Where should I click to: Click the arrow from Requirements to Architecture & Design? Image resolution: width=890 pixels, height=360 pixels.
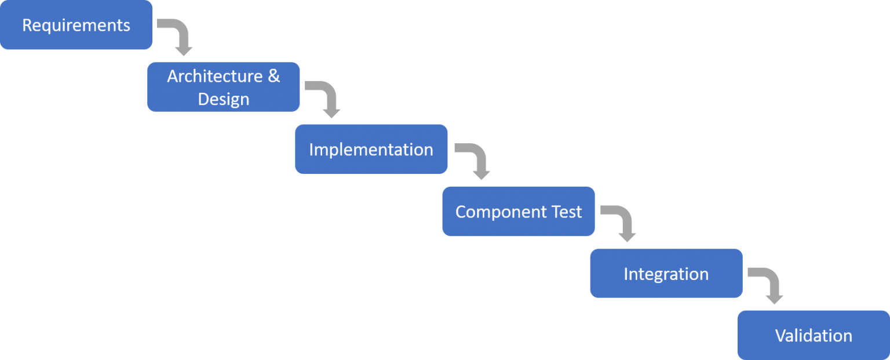(x=180, y=35)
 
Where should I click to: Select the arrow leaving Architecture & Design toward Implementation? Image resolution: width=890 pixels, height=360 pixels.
(x=327, y=97)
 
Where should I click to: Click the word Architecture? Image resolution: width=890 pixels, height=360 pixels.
(x=214, y=77)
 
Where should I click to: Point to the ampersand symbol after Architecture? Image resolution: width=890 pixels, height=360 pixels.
(x=273, y=77)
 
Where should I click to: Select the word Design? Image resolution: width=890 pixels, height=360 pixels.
(x=223, y=99)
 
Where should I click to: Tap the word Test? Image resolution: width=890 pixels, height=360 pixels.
(x=567, y=212)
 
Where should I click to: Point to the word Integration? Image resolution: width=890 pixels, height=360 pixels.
(x=666, y=274)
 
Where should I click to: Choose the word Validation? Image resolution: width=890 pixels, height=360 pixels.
(x=813, y=336)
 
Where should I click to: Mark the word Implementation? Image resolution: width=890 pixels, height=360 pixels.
(x=371, y=150)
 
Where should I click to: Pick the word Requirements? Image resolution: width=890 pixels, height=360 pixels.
(x=76, y=26)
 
